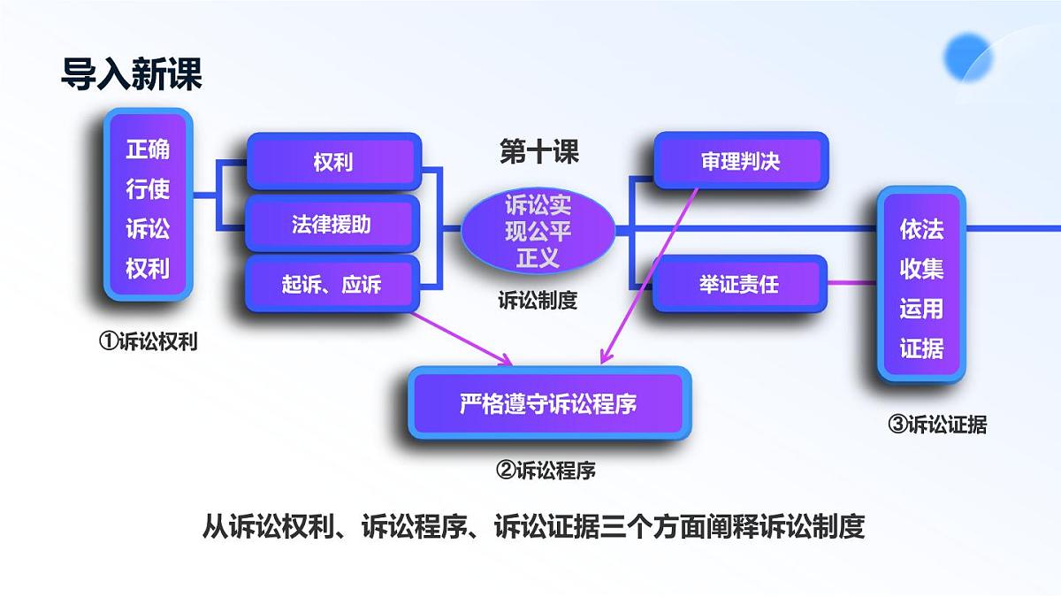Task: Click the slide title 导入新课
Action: (x=132, y=74)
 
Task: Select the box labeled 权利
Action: (x=332, y=163)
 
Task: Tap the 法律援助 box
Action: (x=332, y=225)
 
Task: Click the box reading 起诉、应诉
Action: (x=332, y=285)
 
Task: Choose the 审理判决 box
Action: (x=740, y=162)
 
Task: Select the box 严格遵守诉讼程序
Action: (x=548, y=404)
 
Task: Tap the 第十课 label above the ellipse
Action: (x=538, y=152)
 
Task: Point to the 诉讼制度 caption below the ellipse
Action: (x=538, y=301)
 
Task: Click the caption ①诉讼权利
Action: (x=148, y=342)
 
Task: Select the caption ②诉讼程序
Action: (x=546, y=470)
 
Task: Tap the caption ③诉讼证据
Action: (x=936, y=425)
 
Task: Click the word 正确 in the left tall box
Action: (x=148, y=149)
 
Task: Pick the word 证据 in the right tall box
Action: (x=921, y=348)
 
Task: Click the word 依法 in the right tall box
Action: (x=921, y=230)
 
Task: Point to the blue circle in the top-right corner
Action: (x=969, y=55)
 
